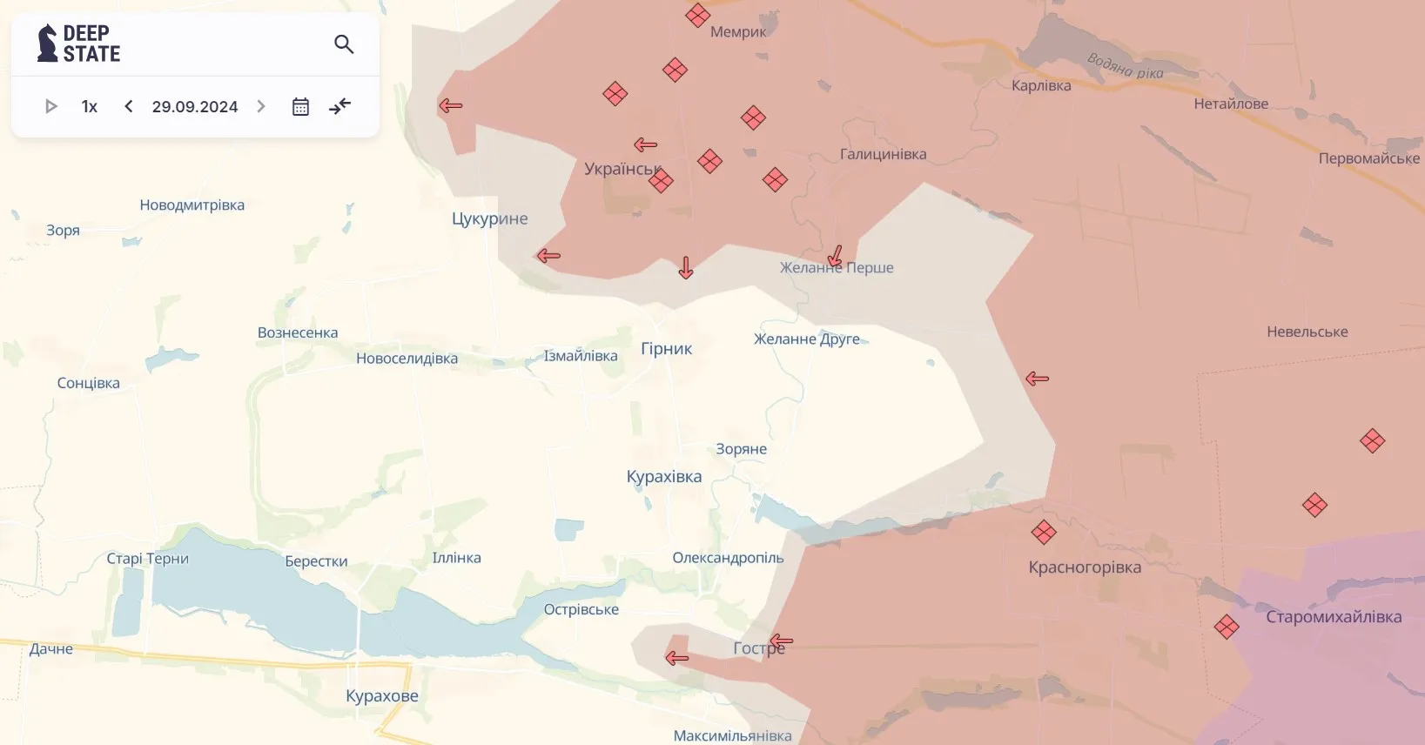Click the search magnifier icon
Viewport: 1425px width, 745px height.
(x=344, y=44)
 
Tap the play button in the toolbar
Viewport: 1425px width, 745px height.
(x=50, y=106)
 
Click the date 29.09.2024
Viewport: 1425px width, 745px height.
(x=194, y=106)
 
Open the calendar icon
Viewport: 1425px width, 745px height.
(x=300, y=106)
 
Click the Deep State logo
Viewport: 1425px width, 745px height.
(x=78, y=44)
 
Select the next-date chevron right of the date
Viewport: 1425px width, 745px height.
(x=261, y=106)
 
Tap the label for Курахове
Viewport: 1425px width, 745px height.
(x=382, y=695)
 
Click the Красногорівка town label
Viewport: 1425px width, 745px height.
(x=1085, y=567)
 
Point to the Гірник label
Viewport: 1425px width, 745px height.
(x=666, y=348)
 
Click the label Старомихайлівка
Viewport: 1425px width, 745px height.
(x=1334, y=616)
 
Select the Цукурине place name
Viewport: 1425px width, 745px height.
(x=489, y=218)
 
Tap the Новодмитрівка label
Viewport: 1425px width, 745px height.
(x=192, y=205)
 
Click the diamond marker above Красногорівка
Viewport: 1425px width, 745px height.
(x=1044, y=532)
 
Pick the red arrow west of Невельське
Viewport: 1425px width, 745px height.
(x=1037, y=379)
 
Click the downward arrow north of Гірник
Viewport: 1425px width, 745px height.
(x=686, y=268)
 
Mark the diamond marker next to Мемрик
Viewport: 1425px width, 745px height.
(x=697, y=16)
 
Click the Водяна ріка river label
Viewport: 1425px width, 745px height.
(x=1125, y=65)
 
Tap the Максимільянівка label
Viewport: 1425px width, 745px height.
(x=732, y=735)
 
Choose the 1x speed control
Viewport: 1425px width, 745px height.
(x=89, y=106)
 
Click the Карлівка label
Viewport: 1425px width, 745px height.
(x=1041, y=85)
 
